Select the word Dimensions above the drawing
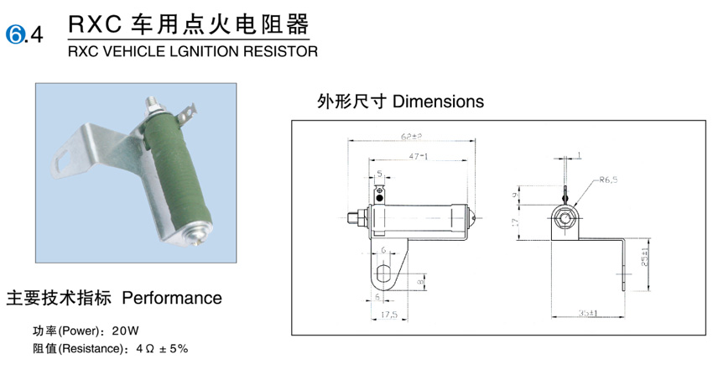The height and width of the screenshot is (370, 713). (x=438, y=102)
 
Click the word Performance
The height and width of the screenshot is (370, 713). (x=172, y=298)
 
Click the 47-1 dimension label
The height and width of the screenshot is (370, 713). (x=419, y=157)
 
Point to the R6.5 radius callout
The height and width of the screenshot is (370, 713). (x=610, y=180)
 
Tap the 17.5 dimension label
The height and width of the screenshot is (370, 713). (x=388, y=316)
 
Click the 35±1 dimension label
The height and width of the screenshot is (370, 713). (x=587, y=314)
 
